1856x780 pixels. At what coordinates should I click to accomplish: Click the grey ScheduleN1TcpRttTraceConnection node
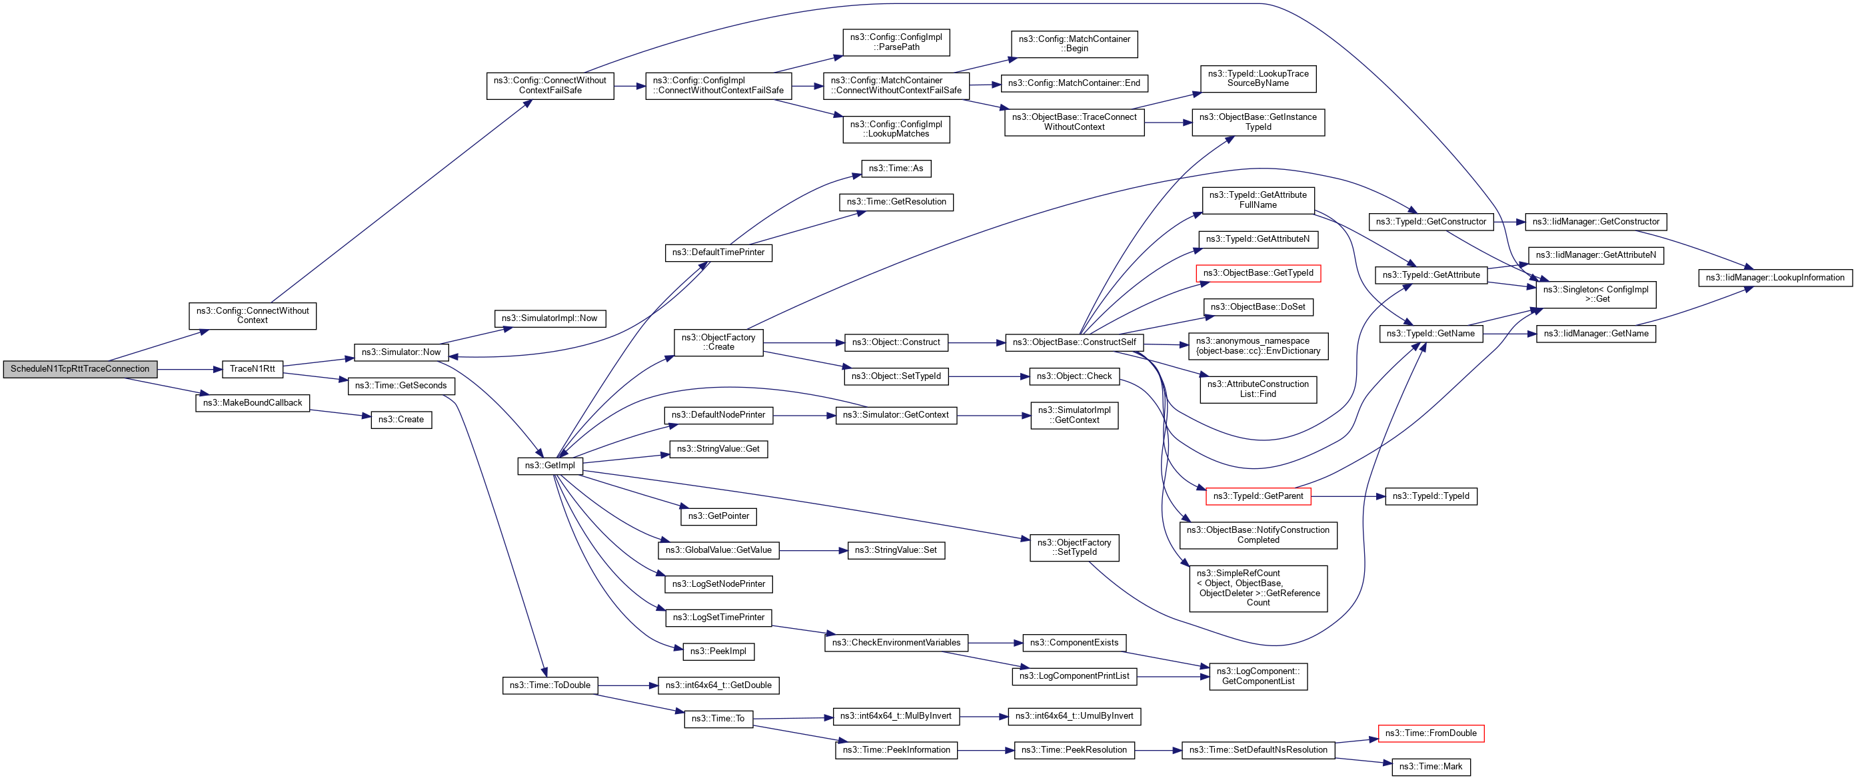(x=80, y=369)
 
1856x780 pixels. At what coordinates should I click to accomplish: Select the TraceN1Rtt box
(x=252, y=369)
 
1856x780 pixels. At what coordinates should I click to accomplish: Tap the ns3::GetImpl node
(x=550, y=465)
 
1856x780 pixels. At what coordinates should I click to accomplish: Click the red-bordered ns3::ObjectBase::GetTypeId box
(x=1258, y=273)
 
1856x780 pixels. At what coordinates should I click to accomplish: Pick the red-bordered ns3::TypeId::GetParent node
(x=1258, y=496)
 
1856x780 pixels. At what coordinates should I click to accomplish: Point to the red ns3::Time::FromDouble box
(x=1430, y=733)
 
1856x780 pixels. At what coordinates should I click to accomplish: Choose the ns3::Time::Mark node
(x=1430, y=766)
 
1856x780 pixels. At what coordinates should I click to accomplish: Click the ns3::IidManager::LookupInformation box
(x=1775, y=277)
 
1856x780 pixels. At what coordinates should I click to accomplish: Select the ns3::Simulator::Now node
(x=401, y=352)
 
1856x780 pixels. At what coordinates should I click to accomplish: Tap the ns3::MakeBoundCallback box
(x=252, y=402)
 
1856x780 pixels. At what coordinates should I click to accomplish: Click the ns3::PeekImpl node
(x=718, y=651)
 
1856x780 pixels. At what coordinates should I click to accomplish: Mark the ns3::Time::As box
(x=896, y=169)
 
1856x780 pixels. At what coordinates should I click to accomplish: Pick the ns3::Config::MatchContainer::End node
(x=1074, y=83)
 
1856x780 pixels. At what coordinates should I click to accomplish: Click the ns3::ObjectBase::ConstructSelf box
(x=1074, y=342)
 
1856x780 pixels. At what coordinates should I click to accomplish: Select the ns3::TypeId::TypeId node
(x=1430, y=496)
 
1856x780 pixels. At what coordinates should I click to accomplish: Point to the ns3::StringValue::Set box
(x=896, y=550)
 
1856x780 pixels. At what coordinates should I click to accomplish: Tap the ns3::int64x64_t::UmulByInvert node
(x=1074, y=716)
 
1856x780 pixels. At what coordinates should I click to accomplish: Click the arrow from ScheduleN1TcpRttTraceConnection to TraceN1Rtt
(x=189, y=370)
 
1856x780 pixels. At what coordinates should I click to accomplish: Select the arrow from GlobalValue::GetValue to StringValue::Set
(x=813, y=551)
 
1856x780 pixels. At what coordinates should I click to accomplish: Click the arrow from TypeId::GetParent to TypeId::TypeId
(x=1348, y=496)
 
